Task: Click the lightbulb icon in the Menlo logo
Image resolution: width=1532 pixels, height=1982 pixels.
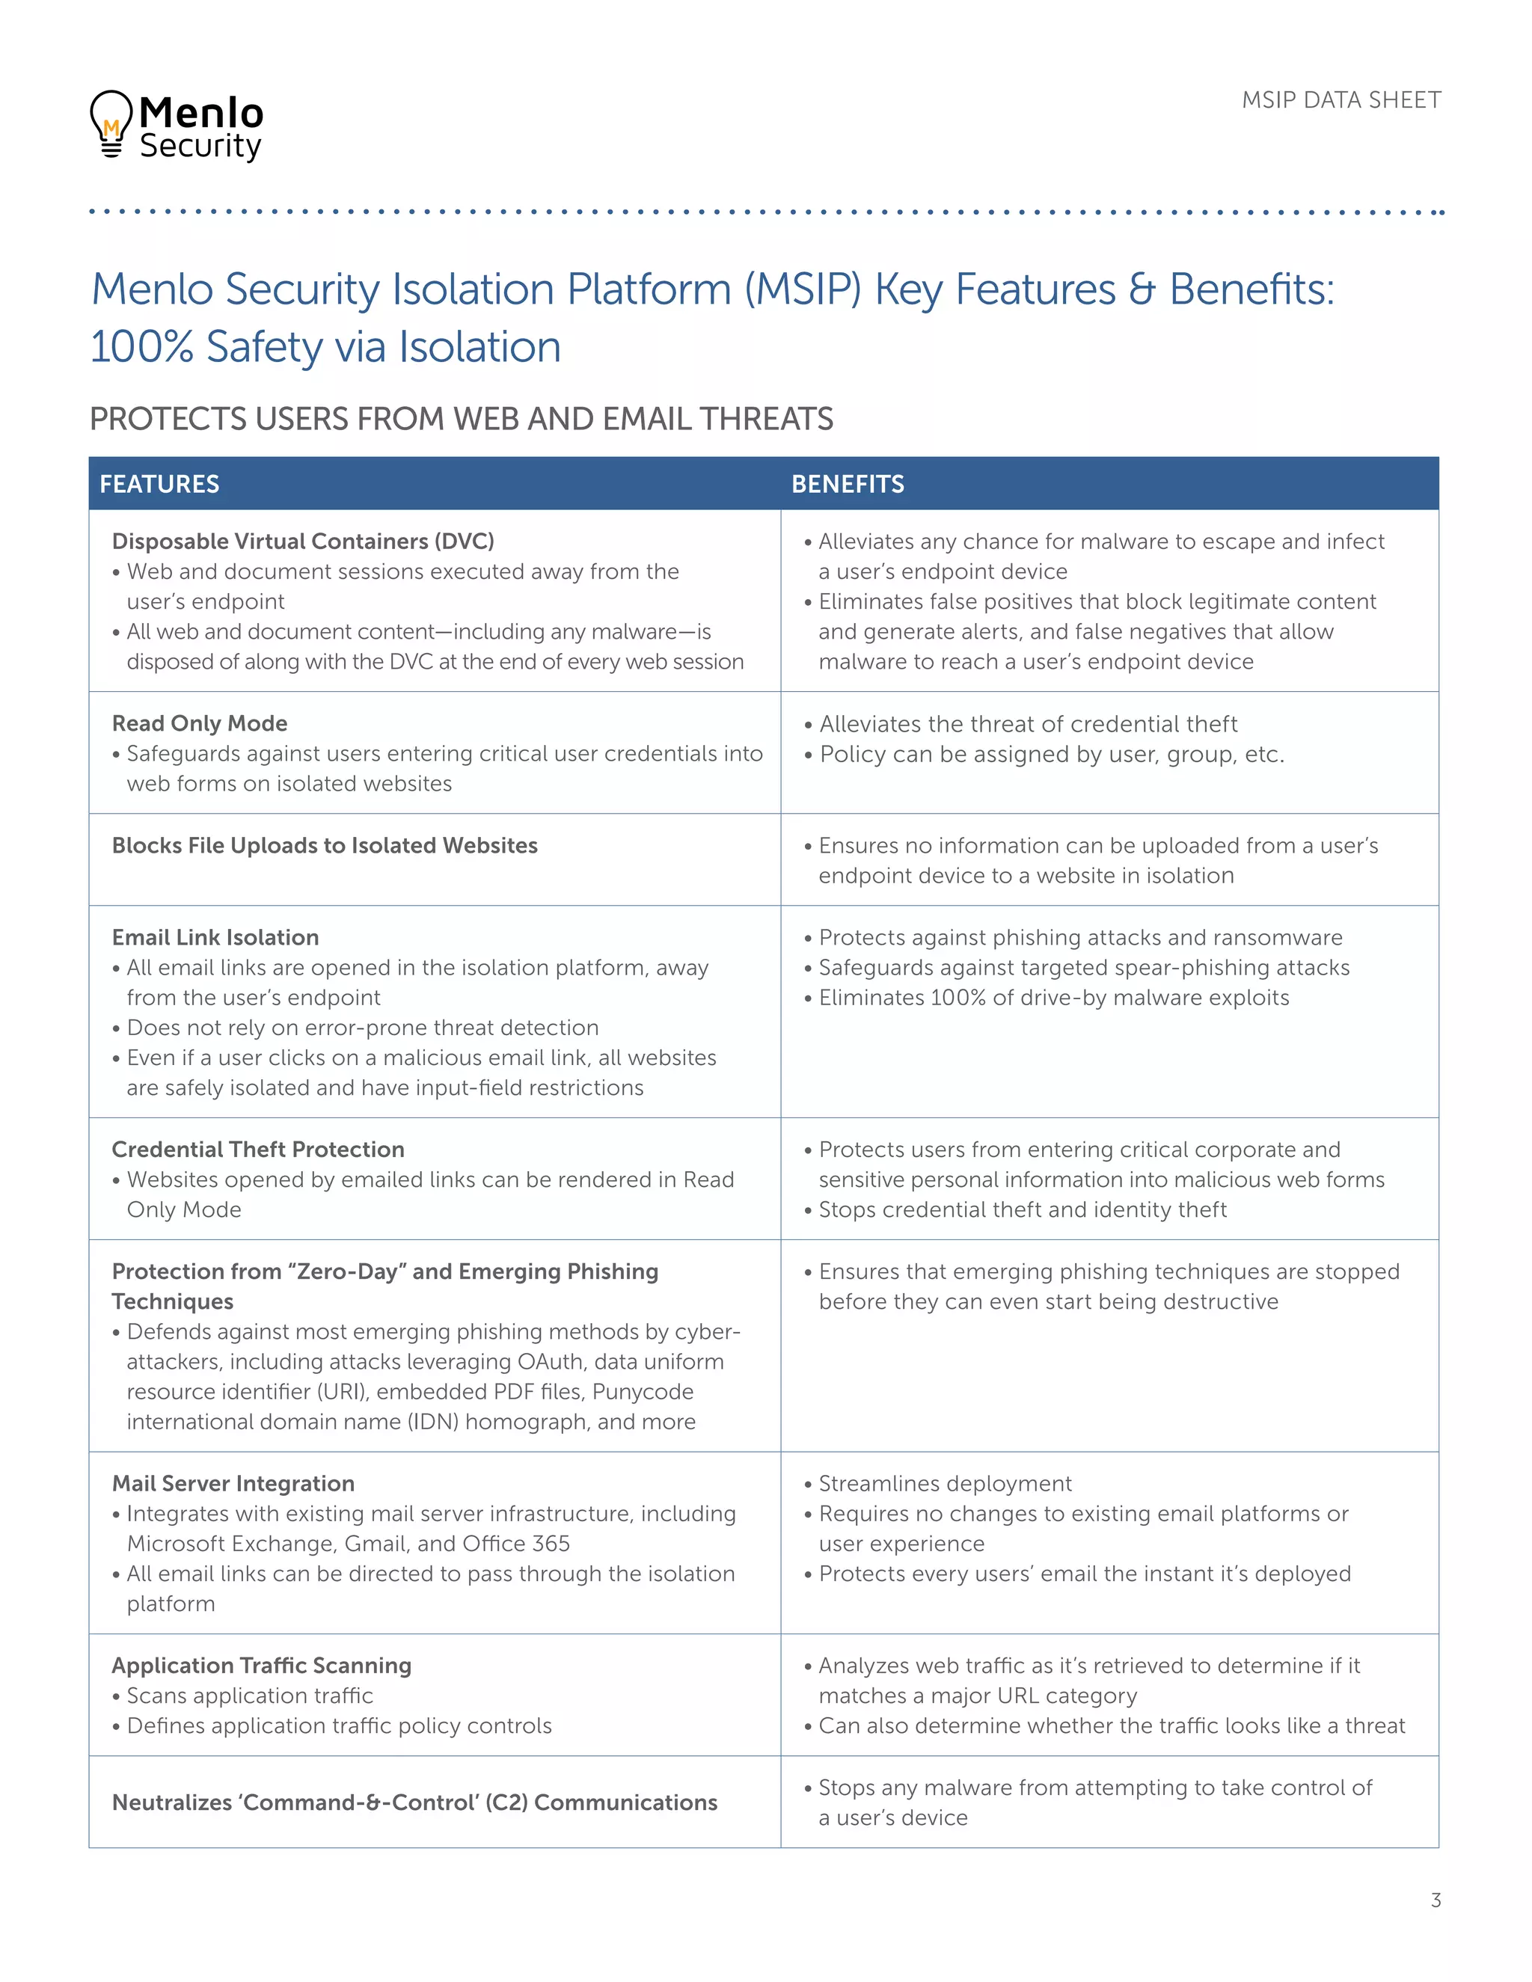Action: point(111,123)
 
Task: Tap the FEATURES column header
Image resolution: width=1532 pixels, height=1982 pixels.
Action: point(160,484)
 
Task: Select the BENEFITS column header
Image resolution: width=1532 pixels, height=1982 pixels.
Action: point(847,484)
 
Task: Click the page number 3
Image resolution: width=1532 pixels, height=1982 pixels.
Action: point(1435,1900)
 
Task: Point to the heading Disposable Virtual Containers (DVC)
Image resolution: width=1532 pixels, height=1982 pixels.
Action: point(302,541)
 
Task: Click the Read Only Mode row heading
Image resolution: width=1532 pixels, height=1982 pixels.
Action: point(200,723)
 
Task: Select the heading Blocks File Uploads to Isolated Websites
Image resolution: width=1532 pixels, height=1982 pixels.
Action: point(324,845)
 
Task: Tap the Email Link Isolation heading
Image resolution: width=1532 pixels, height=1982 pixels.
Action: point(215,936)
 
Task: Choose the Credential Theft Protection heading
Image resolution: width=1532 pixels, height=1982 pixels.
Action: point(258,1149)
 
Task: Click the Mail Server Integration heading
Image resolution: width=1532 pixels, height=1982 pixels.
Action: point(233,1483)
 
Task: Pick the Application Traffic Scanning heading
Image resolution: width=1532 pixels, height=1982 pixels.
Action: point(261,1666)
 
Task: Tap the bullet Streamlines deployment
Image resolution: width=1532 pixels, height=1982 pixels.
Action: point(945,1483)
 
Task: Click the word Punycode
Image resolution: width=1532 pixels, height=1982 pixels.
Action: point(643,1391)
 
